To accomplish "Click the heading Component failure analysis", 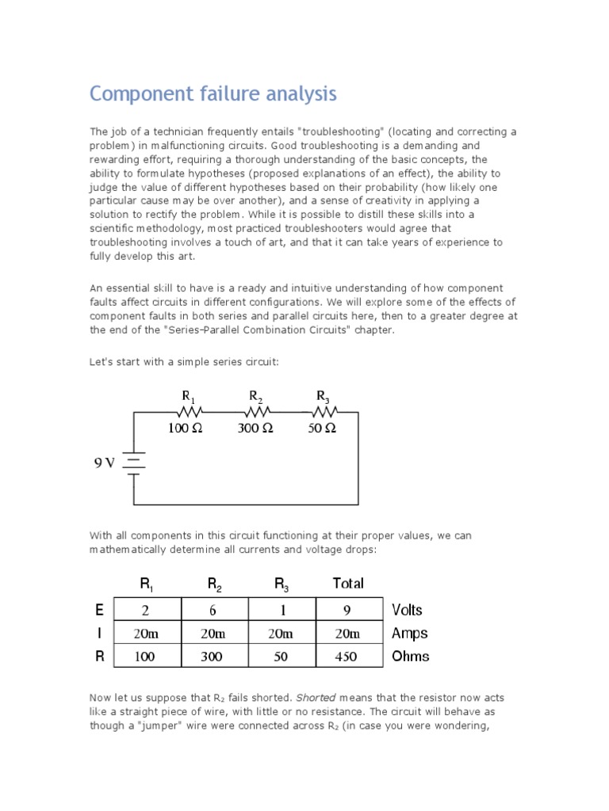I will coord(213,94).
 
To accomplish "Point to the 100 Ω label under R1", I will coord(186,428).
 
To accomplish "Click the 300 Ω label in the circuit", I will coord(255,428).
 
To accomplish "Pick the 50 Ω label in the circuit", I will coord(322,428).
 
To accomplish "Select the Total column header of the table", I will coord(348,584).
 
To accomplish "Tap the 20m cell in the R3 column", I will coord(282,633).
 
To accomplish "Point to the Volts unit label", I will coord(407,610).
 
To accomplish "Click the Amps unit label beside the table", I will coord(409,633).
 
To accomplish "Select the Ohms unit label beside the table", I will coord(410,656).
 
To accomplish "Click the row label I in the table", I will coord(99,633).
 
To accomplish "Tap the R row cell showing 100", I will coord(147,656).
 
